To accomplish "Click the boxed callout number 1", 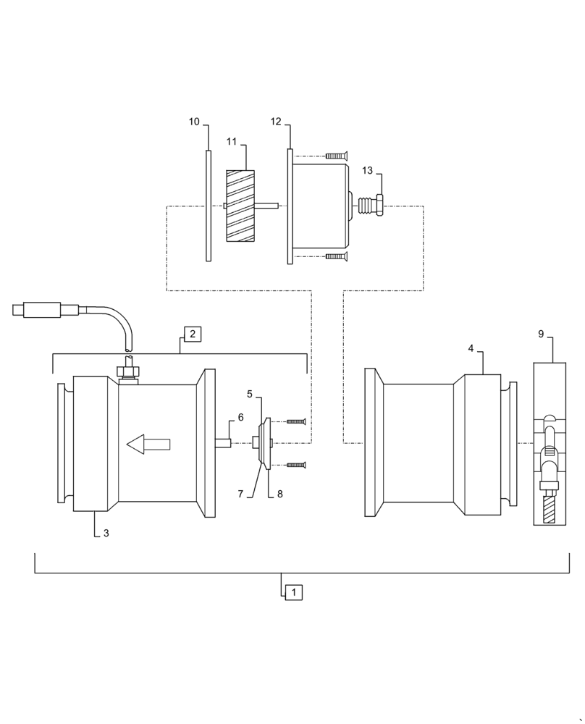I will click(x=293, y=592).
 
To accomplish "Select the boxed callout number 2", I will click(x=193, y=334).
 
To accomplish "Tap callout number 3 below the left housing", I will click(x=106, y=534).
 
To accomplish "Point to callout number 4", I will click(x=471, y=348).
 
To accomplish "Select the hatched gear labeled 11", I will click(x=240, y=206).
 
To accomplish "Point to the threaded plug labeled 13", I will click(x=371, y=206).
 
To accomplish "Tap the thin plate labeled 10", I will click(x=209, y=206).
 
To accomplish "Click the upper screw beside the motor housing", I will click(x=337, y=156).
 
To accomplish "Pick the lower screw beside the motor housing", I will click(x=337, y=256).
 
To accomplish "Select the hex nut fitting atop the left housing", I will click(x=127, y=372).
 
